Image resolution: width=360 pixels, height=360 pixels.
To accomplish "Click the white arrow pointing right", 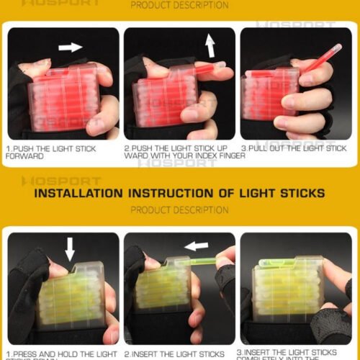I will pyautogui.click(x=70, y=47).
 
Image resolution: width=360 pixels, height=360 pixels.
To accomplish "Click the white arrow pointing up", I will pyautogui.click(x=210, y=47).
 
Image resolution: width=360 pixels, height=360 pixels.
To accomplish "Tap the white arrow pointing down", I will pyautogui.click(x=70, y=249).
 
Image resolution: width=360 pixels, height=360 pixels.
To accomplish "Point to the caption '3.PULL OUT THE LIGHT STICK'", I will pyautogui.click(x=294, y=148).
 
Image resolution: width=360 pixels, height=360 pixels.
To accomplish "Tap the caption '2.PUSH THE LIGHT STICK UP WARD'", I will pyautogui.click(x=177, y=152).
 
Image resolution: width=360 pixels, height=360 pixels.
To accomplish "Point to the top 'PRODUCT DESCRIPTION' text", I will pyautogui.click(x=179, y=6).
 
